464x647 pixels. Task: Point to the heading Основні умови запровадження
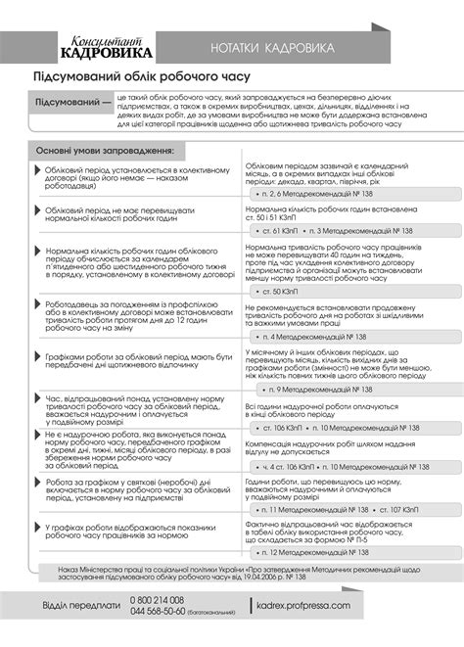106,152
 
